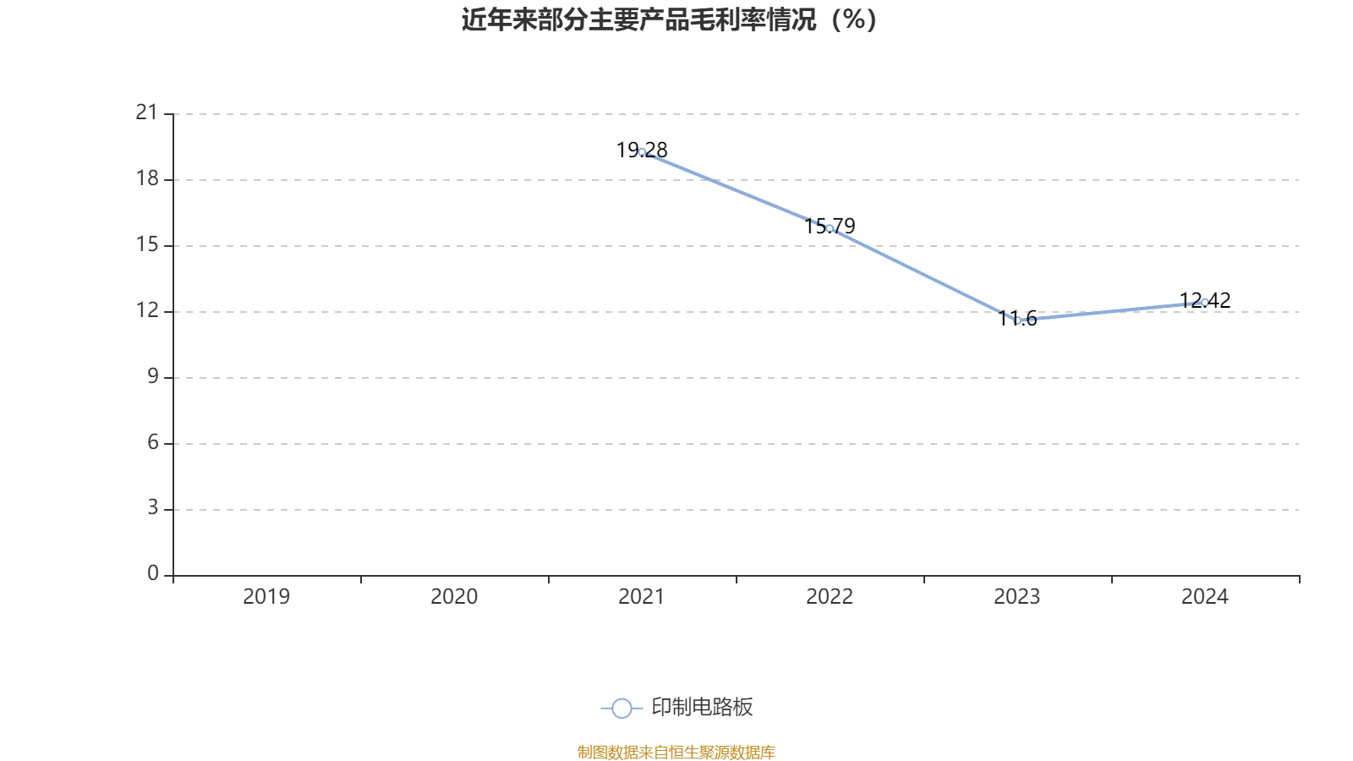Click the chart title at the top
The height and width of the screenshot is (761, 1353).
[x=669, y=19]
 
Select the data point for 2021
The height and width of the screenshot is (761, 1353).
[x=642, y=152]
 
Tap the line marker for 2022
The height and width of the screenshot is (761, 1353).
[x=830, y=228]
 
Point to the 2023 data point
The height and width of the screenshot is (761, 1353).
[x=1017, y=320]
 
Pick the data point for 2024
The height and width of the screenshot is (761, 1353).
[x=1205, y=302]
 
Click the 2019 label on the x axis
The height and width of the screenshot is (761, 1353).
[x=266, y=597]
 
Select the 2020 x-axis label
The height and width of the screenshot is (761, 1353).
[x=454, y=597]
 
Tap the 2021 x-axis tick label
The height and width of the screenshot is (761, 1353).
[x=642, y=597]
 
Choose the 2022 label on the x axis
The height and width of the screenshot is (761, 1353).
[x=830, y=597]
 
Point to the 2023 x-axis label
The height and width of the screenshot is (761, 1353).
[x=1017, y=597]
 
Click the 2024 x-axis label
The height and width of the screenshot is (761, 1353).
[x=1205, y=597]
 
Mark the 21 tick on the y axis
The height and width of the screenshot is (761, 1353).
[x=147, y=112]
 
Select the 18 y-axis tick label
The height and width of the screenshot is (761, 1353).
[x=147, y=178]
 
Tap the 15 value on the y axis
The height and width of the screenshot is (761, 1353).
[x=147, y=244]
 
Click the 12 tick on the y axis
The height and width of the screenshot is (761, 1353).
[x=147, y=310]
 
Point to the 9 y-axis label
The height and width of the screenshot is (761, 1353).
[x=152, y=376]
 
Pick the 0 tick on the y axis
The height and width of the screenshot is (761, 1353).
[x=152, y=574]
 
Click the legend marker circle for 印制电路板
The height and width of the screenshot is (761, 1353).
[x=622, y=708]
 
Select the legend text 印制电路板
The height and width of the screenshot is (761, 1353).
[x=702, y=708]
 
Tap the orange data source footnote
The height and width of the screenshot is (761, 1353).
[x=676, y=752]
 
